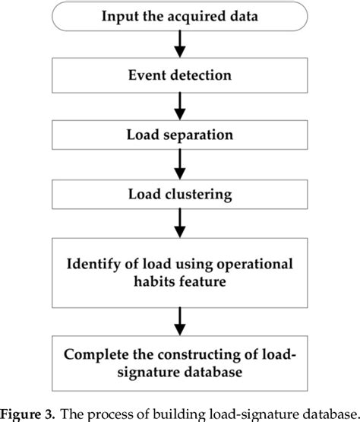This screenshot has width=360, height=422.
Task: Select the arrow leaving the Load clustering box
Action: [180, 222]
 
